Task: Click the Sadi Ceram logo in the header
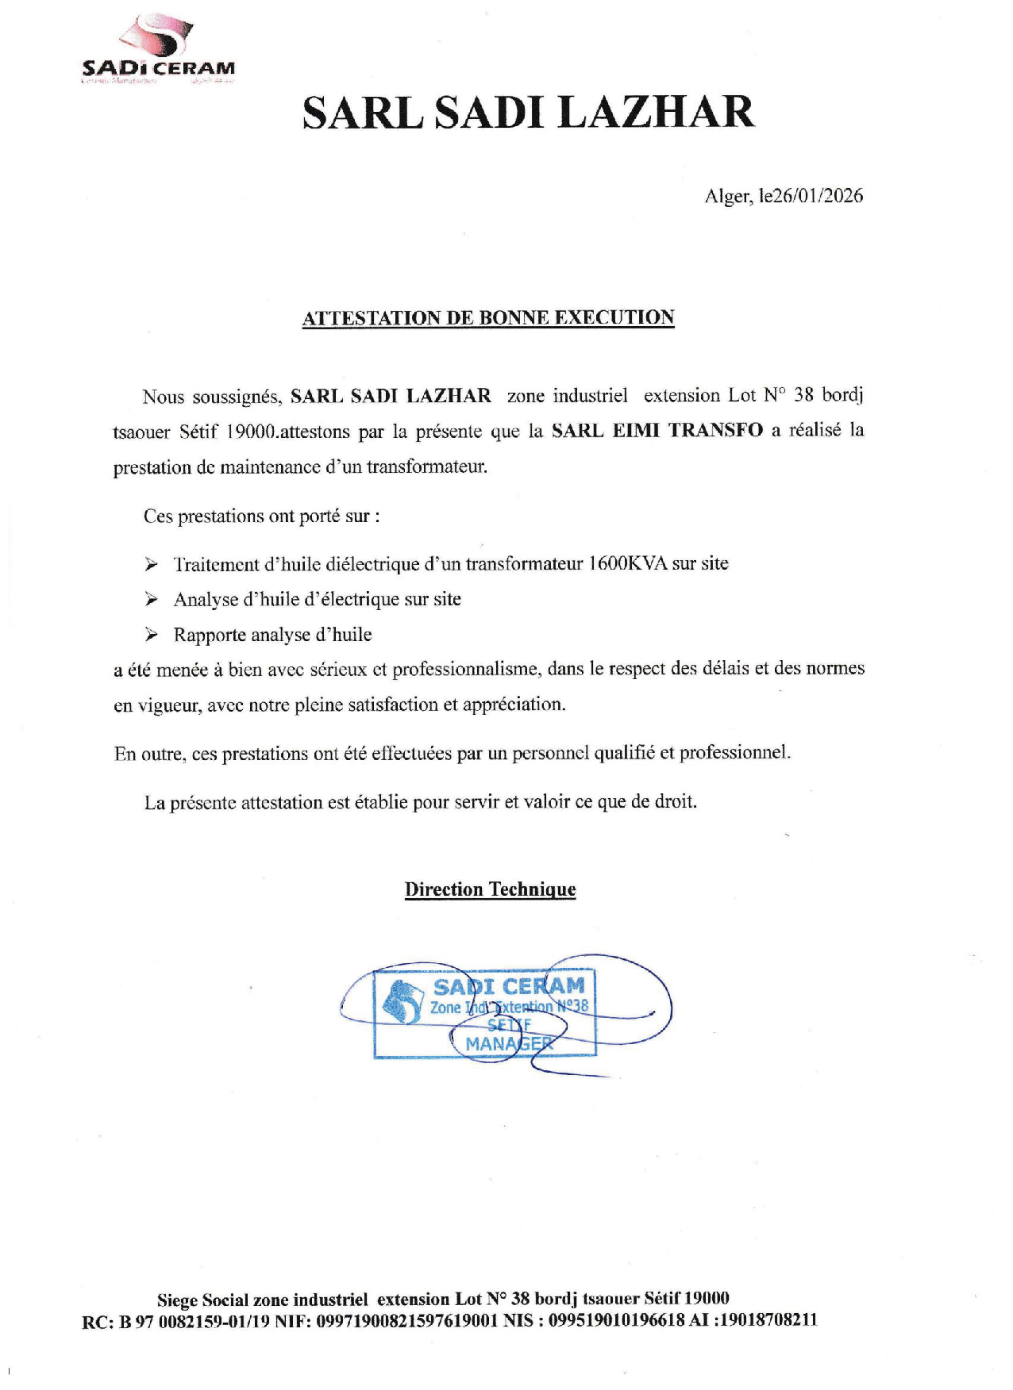tap(160, 50)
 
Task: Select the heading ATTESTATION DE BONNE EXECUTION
tap(488, 318)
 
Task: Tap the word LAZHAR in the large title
tap(657, 112)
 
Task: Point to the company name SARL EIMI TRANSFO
tap(657, 431)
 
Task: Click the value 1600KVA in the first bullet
tap(627, 564)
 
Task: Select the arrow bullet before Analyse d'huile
tap(152, 600)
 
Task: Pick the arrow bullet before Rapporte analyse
tap(152, 635)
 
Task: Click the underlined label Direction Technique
tap(490, 889)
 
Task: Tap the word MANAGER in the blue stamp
tap(508, 1044)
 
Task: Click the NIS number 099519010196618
tap(617, 1321)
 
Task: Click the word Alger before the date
tap(727, 196)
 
